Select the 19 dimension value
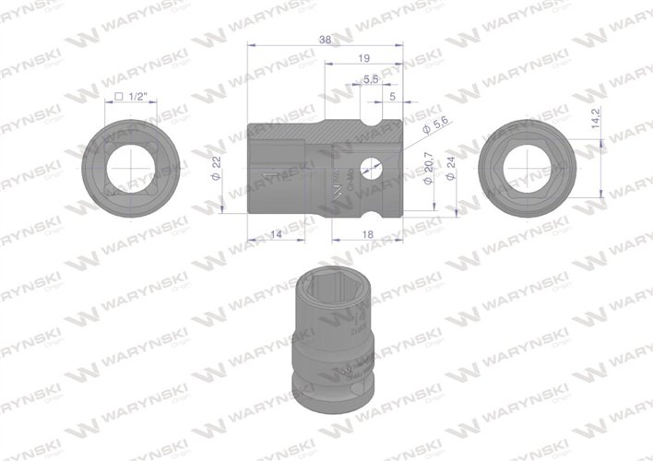click(x=362, y=58)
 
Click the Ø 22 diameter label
click(x=216, y=169)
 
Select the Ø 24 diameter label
click(x=450, y=169)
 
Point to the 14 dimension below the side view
click(x=276, y=236)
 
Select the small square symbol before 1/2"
click(x=119, y=96)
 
